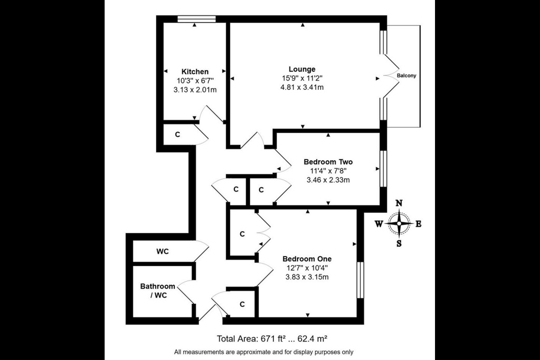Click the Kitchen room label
(195, 72)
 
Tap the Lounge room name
(302, 69)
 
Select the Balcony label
(406, 76)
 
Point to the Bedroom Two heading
(328, 162)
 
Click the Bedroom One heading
(307, 259)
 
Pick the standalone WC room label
(162, 252)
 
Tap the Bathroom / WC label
(157, 291)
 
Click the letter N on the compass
(399, 203)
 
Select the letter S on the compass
(399, 243)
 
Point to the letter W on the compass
(379, 224)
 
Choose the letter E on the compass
(418, 224)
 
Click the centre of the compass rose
(399, 223)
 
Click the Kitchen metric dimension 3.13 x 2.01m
(195, 90)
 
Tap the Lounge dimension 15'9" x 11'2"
(302, 78)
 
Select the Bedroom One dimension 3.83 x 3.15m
(307, 277)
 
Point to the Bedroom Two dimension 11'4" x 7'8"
(328, 171)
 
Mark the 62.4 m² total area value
(312, 339)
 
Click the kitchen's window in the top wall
(196, 19)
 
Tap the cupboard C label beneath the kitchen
(177, 135)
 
